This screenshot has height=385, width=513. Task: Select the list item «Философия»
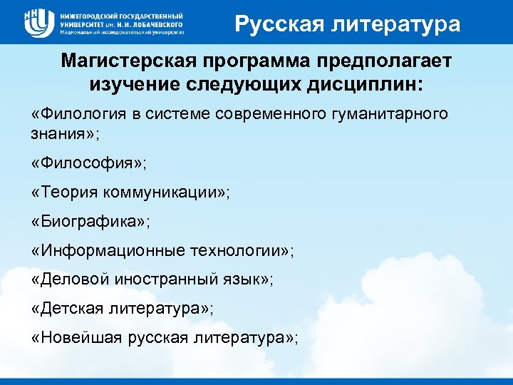click(89, 163)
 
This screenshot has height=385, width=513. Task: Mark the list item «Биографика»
click(91, 221)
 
